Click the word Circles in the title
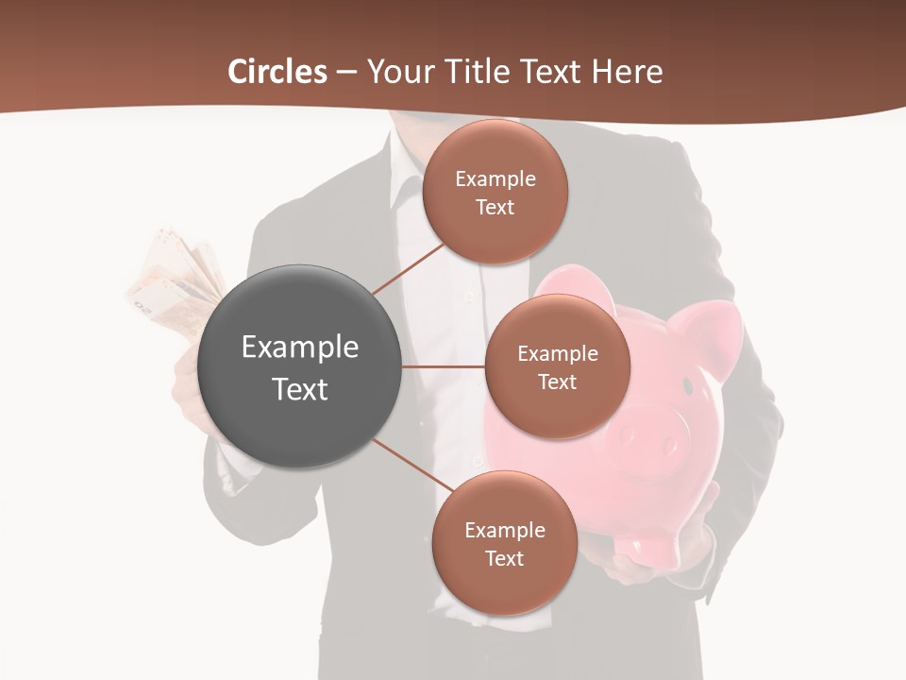click(x=277, y=72)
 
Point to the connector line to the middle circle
click(x=443, y=366)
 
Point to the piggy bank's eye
click(x=688, y=386)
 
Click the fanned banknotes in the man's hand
click(x=175, y=279)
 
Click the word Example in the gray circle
click(x=300, y=348)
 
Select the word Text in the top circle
click(x=495, y=208)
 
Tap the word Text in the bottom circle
click(x=504, y=559)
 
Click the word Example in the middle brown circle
click(x=557, y=354)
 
